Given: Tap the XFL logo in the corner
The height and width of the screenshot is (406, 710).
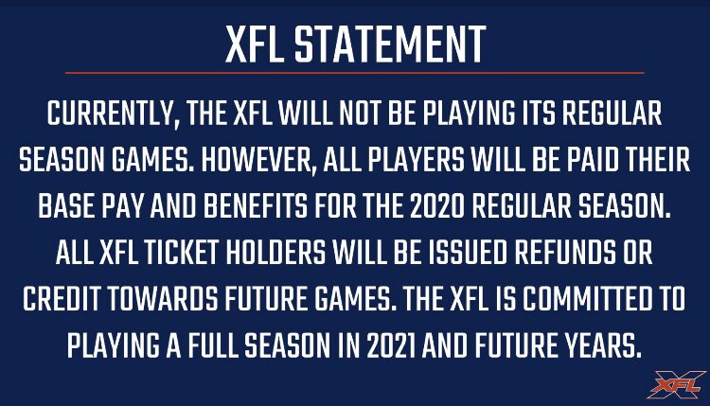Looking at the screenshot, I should (674, 384).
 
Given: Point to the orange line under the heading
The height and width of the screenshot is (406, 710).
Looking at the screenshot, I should (354, 73).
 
